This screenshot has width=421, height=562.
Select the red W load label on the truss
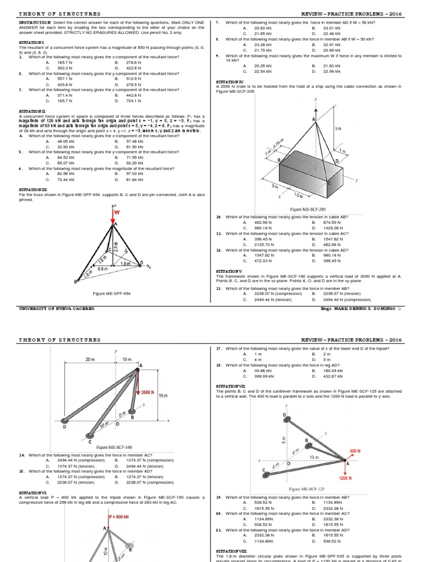pos(117,212)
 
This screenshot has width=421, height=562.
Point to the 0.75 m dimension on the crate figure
pos(278,145)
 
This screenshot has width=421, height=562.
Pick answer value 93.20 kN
pos(134,162)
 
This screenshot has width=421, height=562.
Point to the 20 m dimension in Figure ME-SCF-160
pos(90,359)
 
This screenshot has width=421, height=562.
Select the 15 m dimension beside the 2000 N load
pos(163,395)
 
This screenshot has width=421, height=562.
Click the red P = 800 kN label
pos(118,517)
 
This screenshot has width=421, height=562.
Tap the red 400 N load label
pos(355,451)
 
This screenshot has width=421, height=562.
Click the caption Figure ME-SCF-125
pos(306,488)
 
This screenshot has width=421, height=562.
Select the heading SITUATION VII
pos(232,386)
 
